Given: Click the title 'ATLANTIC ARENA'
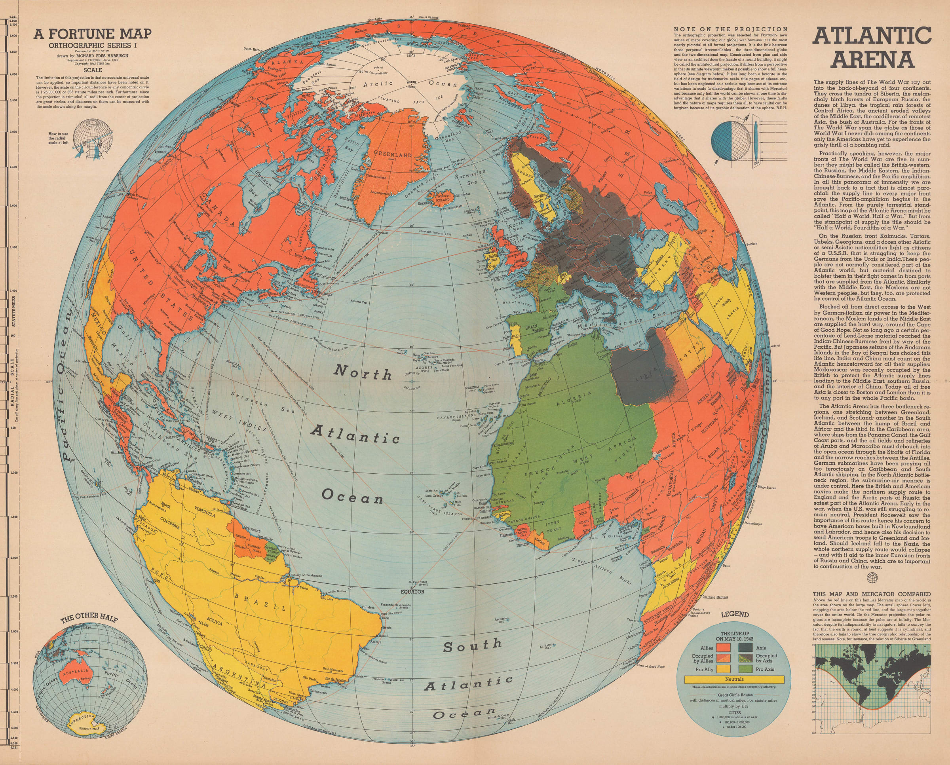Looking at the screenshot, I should point(872,48).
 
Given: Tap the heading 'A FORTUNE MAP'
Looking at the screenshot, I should point(93,34).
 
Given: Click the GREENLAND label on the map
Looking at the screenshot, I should point(392,155).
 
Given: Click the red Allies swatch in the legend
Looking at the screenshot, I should point(724,648).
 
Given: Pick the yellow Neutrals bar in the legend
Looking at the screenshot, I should point(734,679).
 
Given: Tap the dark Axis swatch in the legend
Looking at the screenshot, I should point(745,648).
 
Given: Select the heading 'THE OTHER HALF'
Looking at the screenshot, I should point(89,618).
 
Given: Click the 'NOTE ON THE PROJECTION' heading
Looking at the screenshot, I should point(731,29).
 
